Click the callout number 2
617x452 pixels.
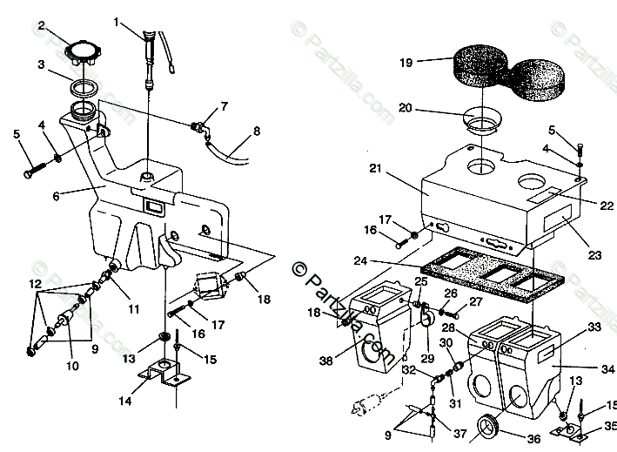pos(40,26)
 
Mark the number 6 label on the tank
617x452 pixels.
pos(57,197)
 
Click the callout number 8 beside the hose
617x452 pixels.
pos(257,132)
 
